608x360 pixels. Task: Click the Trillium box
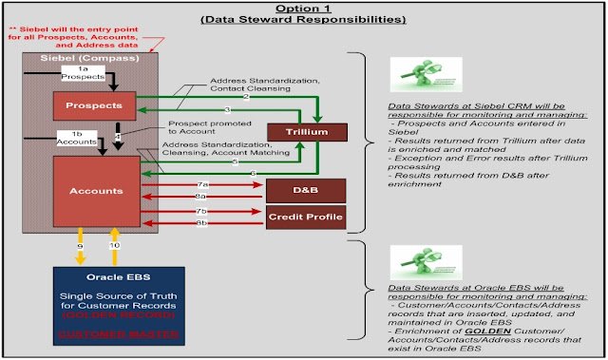point(302,131)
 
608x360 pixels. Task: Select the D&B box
point(302,190)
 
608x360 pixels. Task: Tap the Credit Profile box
point(302,218)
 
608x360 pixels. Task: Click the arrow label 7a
point(201,181)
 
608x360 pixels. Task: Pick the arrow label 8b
point(201,222)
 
